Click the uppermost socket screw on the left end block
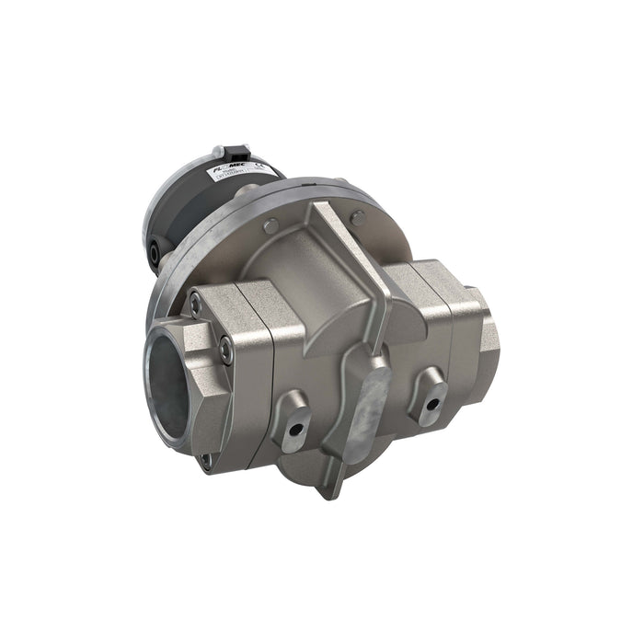[x=194, y=300]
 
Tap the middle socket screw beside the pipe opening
[x=225, y=348]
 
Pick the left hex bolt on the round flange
[x=269, y=224]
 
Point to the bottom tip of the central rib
[x=337, y=491]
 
